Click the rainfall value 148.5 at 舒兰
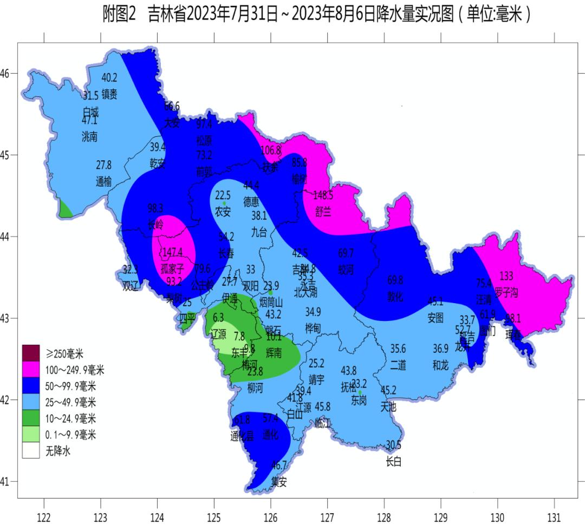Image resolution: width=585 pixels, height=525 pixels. [323, 195]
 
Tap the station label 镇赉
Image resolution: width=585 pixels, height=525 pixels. [109, 94]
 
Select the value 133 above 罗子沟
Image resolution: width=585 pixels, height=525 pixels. [506, 276]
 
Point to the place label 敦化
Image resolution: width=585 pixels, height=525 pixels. [395, 297]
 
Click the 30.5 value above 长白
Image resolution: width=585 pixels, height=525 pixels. [393, 445]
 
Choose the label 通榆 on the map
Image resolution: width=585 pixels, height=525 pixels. [104, 182]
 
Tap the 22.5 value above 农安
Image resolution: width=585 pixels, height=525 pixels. [223, 195]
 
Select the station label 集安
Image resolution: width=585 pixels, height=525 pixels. [279, 481]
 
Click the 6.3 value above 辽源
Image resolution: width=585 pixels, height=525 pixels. [219, 317]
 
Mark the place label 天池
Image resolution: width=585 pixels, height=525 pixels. [388, 406]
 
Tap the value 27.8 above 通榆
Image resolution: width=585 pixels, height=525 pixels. [104, 165]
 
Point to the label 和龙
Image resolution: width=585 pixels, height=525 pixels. [440, 365]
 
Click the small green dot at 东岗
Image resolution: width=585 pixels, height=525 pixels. [360, 392]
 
